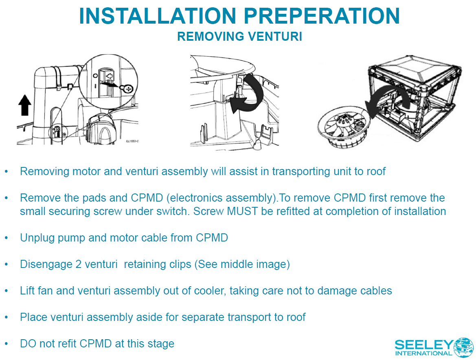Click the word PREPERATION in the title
pyautogui.click(x=322, y=16)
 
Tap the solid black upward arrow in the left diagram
pyautogui.click(x=24, y=105)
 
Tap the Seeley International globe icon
pyautogui.click(x=463, y=347)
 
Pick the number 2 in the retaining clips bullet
pyautogui.click(x=78, y=264)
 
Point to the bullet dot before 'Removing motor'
pyautogui.click(x=7, y=172)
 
